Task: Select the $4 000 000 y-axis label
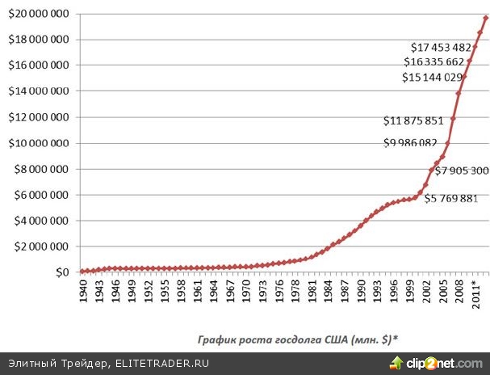[40, 221]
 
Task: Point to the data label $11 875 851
[413, 122]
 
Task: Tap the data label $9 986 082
[413, 143]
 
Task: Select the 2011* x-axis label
[477, 289]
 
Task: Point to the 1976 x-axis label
[279, 290]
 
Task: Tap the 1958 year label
[182, 290]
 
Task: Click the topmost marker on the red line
[485, 17]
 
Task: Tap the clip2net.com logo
[439, 363]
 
